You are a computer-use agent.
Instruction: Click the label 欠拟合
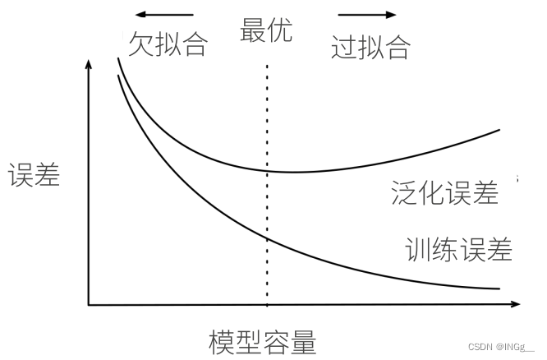(167, 44)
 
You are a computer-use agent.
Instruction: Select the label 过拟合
(370, 48)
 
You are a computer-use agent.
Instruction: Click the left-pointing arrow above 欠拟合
(164, 15)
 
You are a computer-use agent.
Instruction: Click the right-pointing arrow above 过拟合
(367, 15)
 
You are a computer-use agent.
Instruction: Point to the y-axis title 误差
(34, 175)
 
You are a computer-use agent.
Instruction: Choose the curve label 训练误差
(458, 249)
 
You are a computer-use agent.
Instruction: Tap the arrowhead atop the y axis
(88, 65)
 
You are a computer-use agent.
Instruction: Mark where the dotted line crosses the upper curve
(267, 170)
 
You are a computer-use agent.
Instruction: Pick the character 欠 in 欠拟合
(140, 44)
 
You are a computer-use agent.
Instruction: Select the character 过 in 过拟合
(343, 48)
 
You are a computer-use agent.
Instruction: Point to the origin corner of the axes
(89, 305)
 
